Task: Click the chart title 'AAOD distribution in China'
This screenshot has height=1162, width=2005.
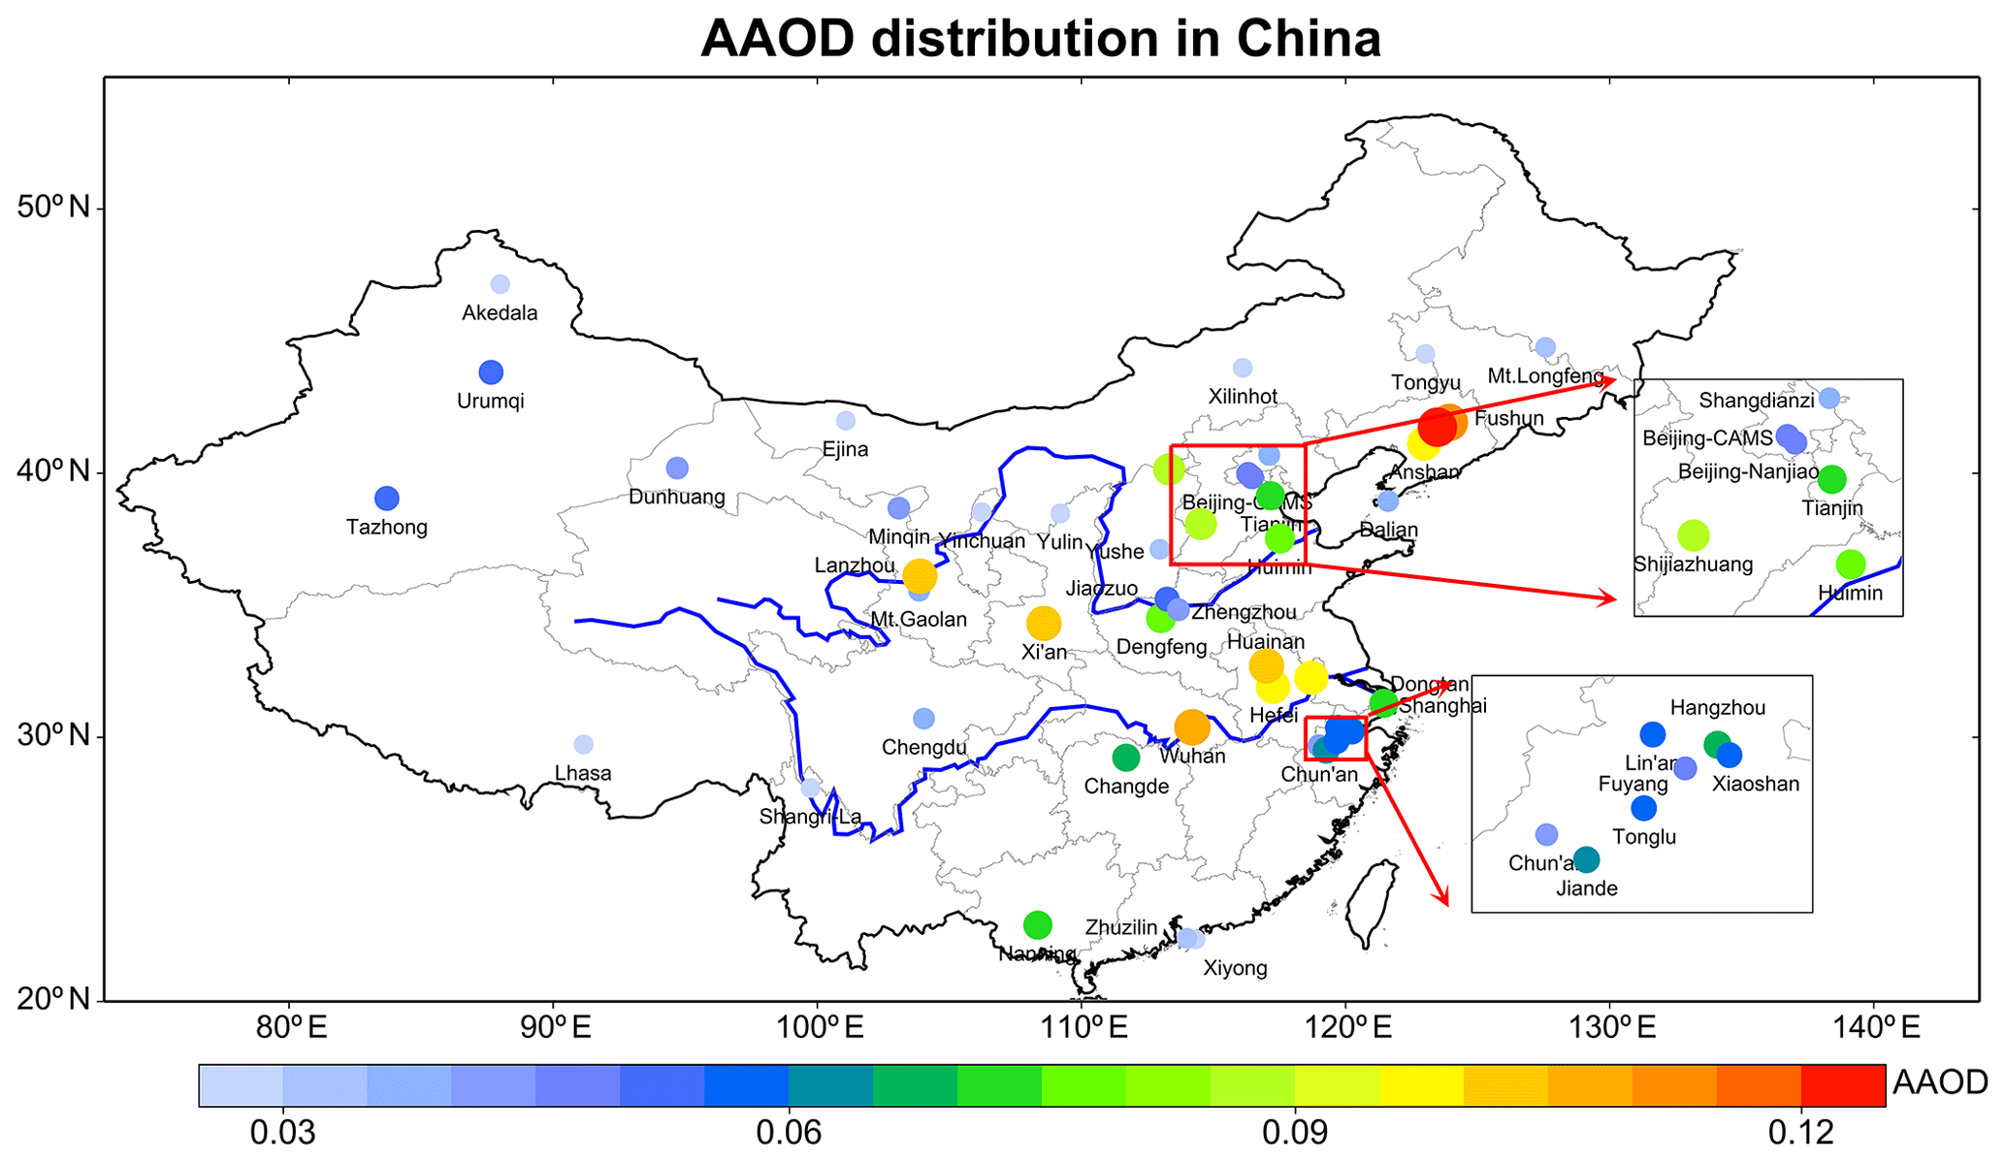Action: click(1040, 39)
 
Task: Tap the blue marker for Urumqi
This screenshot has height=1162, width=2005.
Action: click(491, 372)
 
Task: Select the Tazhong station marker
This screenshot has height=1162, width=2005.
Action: click(387, 499)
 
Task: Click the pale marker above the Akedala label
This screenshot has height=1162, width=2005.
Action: click(501, 284)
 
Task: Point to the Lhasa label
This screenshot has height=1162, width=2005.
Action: click(583, 773)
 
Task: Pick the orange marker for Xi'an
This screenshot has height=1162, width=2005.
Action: click(1044, 623)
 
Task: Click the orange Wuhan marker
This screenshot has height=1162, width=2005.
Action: click(1192, 726)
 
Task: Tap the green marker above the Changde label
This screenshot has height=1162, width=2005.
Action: click(1126, 757)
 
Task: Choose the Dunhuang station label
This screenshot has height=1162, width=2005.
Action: click(677, 497)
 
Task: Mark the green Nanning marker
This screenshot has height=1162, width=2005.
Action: click(1038, 924)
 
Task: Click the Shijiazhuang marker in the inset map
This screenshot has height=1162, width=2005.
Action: click(1693, 534)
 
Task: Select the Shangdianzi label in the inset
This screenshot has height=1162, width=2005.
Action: click(1757, 401)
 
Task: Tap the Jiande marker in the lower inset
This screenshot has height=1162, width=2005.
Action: click(1586, 859)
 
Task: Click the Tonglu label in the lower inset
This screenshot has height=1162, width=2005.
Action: click(1644, 837)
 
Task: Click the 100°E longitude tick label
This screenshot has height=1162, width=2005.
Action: click(817, 1028)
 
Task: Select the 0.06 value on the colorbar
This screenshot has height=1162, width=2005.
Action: click(789, 1132)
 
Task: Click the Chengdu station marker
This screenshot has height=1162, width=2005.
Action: click(923, 719)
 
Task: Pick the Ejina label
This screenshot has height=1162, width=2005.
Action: click(845, 449)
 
